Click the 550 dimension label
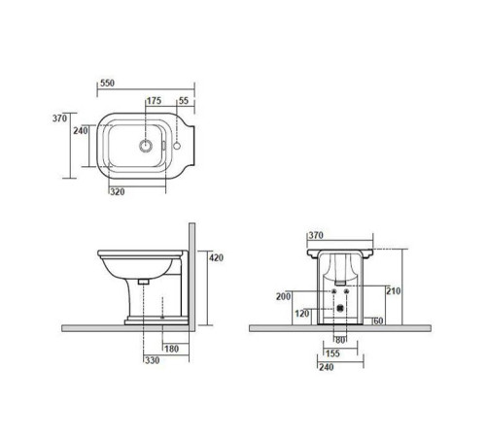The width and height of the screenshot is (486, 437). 107,84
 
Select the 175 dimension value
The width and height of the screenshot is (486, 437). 154,101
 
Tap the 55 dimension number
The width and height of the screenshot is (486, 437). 184,101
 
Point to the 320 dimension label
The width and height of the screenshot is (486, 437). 118,192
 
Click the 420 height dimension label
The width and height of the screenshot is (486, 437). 216,257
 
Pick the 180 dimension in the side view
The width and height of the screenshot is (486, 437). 171,349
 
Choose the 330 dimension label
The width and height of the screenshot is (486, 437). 152,360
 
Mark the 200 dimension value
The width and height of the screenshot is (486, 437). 283,296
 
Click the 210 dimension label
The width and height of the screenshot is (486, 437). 394,291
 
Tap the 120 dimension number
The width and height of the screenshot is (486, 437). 302,314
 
